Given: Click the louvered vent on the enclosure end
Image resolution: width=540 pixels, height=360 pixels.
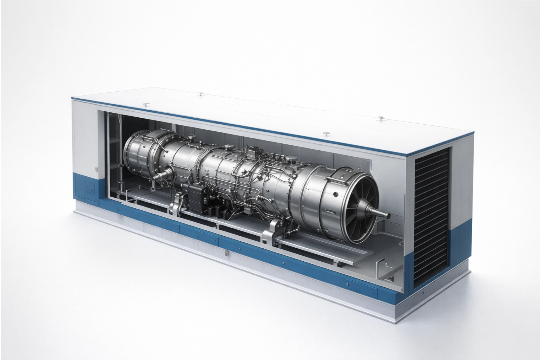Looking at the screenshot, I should coord(432,218).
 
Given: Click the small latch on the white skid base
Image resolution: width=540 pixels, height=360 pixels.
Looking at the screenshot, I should coord(226,252).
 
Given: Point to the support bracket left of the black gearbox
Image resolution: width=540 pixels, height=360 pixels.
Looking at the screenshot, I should coord(174,208).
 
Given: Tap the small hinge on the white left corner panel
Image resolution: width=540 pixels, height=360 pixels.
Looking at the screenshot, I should coord(96,170).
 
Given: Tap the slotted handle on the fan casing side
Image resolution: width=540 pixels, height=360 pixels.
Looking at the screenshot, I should coord(330,211).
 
